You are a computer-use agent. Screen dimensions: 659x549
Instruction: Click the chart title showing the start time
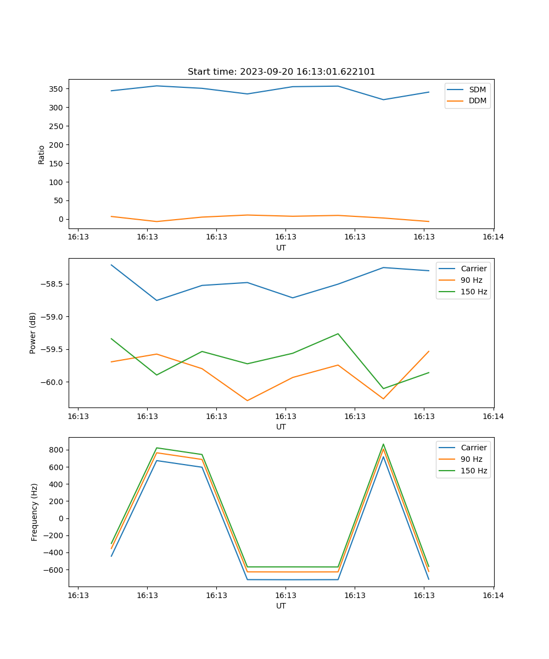click(281, 72)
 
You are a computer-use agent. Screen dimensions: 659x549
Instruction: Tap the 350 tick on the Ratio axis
click(57, 89)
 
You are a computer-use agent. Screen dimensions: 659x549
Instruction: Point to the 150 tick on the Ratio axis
click(57, 163)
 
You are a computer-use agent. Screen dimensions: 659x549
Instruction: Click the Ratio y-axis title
click(42, 154)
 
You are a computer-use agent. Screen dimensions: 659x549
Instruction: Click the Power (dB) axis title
click(33, 333)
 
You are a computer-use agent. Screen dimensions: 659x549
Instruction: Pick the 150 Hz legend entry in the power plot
click(474, 292)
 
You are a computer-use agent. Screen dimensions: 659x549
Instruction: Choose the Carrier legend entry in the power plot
click(473, 269)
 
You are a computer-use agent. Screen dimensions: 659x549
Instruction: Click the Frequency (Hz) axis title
click(35, 512)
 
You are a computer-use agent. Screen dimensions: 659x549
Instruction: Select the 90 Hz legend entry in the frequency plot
click(472, 459)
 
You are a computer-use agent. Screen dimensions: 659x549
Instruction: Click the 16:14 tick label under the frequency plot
click(493, 595)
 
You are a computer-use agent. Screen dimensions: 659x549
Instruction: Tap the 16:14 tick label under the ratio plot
click(493, 237)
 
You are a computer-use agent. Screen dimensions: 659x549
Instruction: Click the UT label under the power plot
click(281, 427)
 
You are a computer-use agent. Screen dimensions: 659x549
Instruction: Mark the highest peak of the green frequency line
click(383, 444)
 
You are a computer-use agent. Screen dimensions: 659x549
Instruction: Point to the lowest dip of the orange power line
click(247, 400)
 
